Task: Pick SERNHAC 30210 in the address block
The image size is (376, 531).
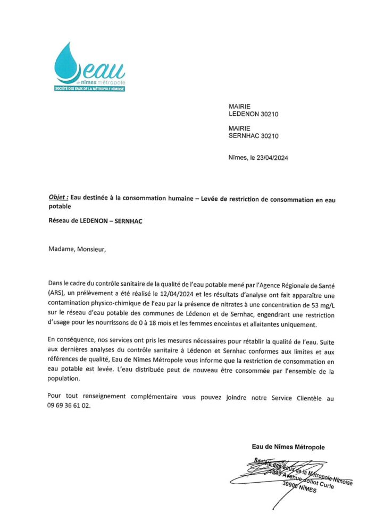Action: (254, 136)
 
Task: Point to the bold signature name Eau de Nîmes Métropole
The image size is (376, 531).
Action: (288, 447)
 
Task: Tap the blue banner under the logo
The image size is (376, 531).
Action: (89, 88)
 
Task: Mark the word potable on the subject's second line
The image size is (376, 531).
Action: (59, 206)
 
